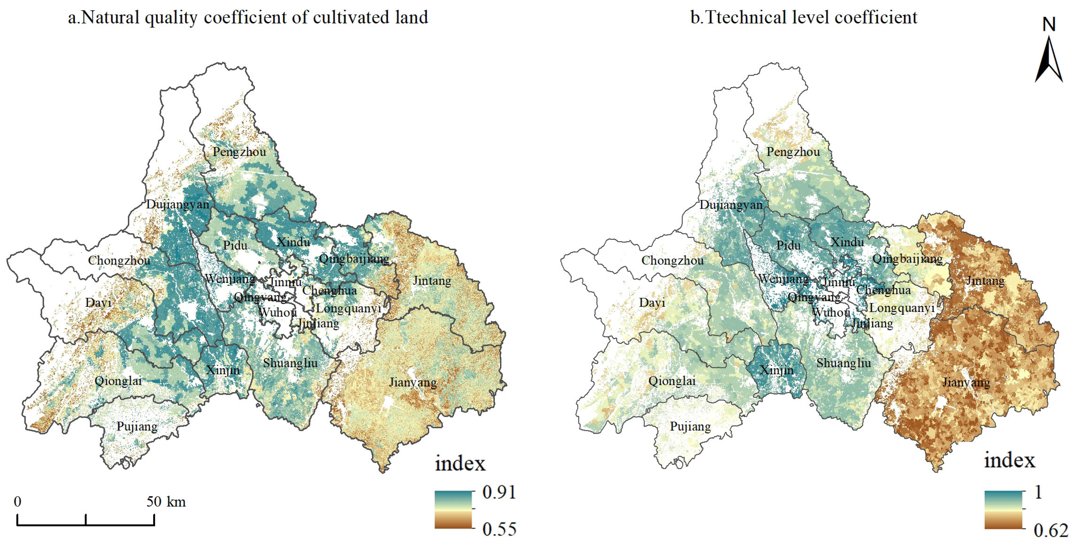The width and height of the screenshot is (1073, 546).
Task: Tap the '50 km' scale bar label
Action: (x=166, y=501)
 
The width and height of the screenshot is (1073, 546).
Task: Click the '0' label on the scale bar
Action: (x=18, y=501)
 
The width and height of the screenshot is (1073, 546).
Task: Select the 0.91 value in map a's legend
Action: (x=499, y=493)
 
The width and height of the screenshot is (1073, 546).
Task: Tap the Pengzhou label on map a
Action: (x=239, y=152)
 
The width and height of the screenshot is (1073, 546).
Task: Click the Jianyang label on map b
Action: (x=966, y=382)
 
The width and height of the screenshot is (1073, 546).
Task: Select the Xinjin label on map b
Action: (x=776, y=370)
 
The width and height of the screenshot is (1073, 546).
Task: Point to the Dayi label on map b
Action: (x=652, y=303)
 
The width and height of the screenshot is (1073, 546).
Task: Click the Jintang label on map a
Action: (x=432, y=281)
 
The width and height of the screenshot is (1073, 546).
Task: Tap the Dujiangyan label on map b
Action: (x=731, y=205)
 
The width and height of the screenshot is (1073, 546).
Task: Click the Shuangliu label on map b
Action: (x=843, y=363)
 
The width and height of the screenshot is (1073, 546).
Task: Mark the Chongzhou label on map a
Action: (x=119, y=261)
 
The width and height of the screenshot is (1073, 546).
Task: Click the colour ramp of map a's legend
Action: (x=453, y=510)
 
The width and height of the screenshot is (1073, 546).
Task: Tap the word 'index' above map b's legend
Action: (x=1009, y=460)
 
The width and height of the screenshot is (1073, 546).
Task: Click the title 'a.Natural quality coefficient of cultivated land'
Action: (x=248, y=18)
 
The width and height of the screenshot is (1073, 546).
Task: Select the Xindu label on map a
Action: (x=293, y=242)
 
